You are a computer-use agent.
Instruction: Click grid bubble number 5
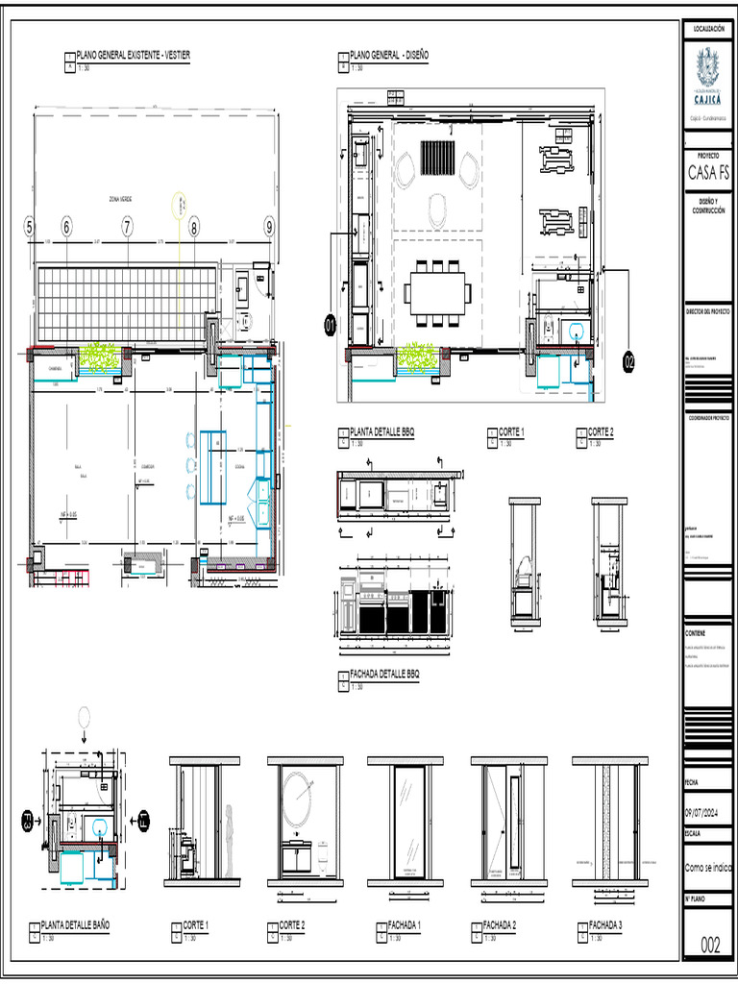pos(29,228)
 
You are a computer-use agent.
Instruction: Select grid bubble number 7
pos(127,228)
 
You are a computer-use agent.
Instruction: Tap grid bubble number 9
pos(270,228)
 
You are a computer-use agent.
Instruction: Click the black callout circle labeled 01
pos(331,328)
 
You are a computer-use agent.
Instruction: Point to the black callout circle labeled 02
pos(629,362)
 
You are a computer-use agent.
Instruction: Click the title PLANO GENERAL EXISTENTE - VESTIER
pos(133,56)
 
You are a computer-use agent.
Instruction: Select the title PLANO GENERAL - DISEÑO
pos(389,56)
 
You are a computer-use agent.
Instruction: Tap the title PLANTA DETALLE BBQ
pos(381,432)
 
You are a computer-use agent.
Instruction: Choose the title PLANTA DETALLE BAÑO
pos(75,924)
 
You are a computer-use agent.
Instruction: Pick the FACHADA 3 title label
pos(606,924)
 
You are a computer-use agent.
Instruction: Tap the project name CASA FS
pos(708,174)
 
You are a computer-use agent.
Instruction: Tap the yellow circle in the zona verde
pos(182,205)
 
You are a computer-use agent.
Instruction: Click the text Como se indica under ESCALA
pos(707,867)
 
